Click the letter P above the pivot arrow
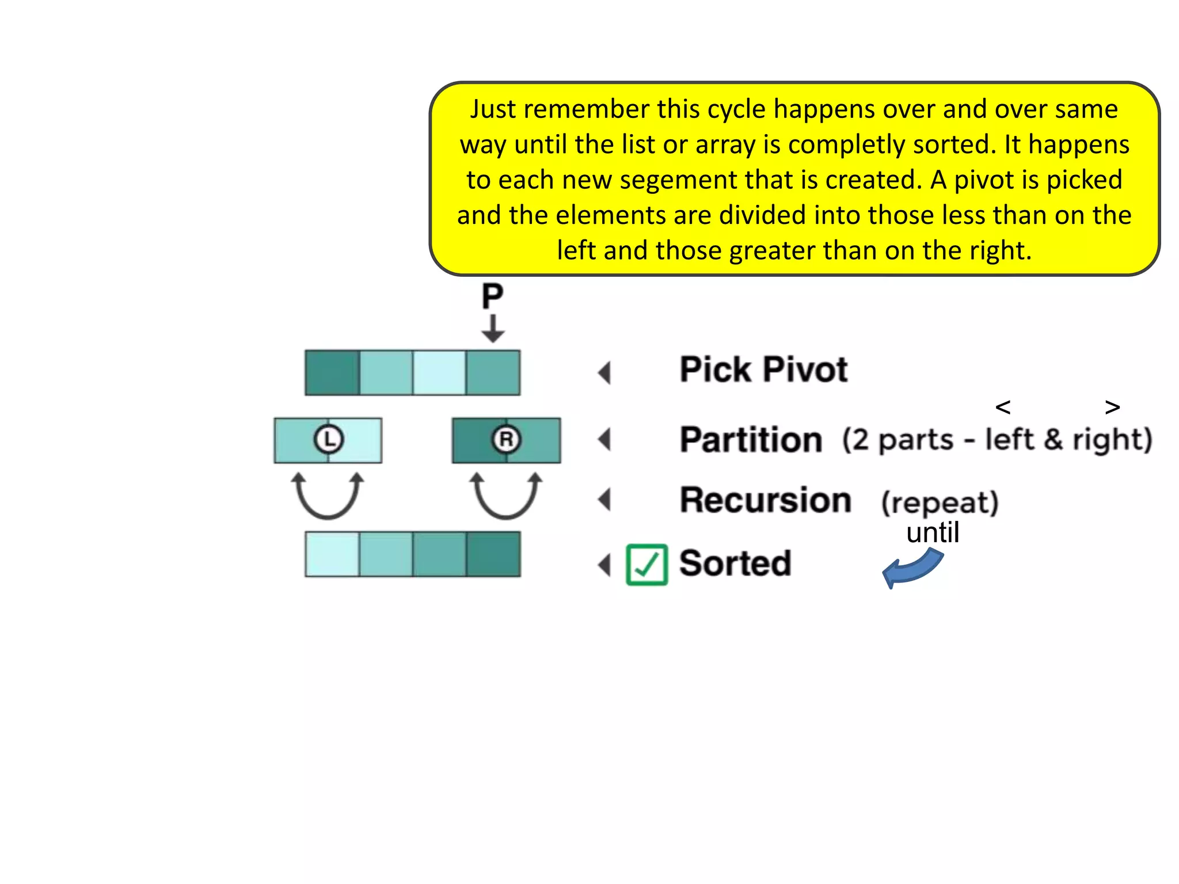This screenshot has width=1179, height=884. pos(492,297)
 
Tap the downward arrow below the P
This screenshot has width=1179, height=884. pos(493,329)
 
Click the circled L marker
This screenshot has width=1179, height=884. pos(328,440)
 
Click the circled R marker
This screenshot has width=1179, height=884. pos(507,440)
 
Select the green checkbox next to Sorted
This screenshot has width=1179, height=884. pos(646,565)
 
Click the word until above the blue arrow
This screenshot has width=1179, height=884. pos(933,532)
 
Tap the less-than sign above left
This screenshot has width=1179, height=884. pos(1003,407)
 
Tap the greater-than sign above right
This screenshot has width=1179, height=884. pos(1112,407)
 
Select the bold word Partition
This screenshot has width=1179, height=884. pos(751,440)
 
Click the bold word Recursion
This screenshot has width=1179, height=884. pos(765,500)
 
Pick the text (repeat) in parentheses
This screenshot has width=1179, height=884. pos(940,502)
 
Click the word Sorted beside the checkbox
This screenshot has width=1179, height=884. pos(735,563)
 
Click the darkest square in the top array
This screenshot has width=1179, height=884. pos(332,373)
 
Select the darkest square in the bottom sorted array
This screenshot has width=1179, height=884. pos(493,554)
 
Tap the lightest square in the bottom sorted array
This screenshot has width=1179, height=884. pos(332,554)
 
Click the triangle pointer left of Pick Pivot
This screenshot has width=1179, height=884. pos(604,373)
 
